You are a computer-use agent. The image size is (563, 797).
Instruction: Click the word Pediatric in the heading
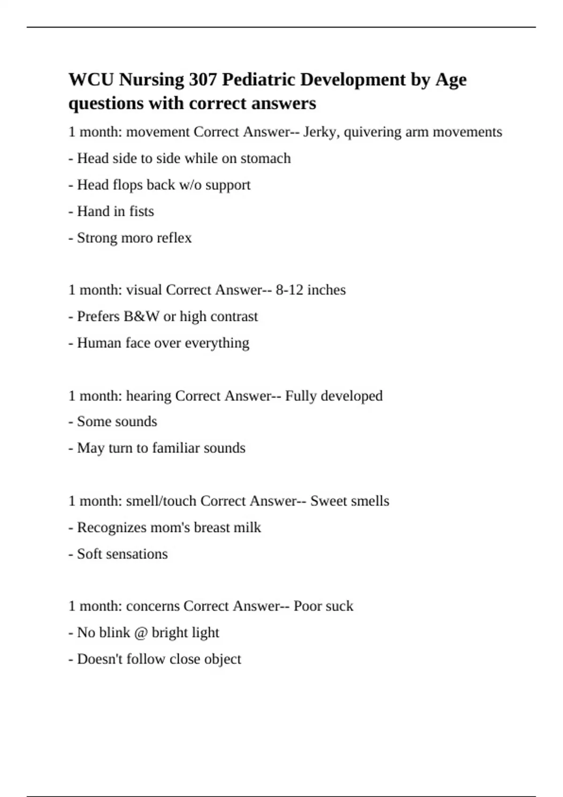tap(259, 80)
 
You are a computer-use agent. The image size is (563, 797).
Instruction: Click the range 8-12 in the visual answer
tap(289, 290)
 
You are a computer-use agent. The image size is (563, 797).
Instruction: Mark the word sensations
tap(139, 554)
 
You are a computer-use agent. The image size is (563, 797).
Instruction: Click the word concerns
tap(153, 606)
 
